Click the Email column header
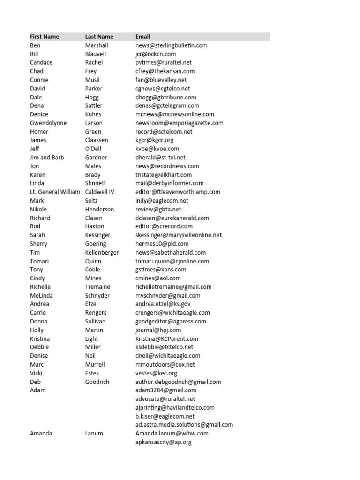click(x=143, y=37)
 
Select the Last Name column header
click(x=99, y=37)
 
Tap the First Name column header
click(x=45, y=37)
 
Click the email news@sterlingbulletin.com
click(x=171, y=45)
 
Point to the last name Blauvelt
click(x=96, y=54)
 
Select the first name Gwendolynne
click(x=48, y=123)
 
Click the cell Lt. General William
click(x=55, y=192)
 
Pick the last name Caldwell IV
click(x=99, y=192)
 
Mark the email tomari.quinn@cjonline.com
click(x=172, y=261)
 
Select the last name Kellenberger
click(x=102, y=252)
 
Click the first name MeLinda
click(x=41, y=295)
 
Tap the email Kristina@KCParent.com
click(x=166, y=338)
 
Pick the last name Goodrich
click(x=97, y=382)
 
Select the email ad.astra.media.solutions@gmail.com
click(x=184, y=425)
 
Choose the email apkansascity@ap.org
click(x=163, y=442)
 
